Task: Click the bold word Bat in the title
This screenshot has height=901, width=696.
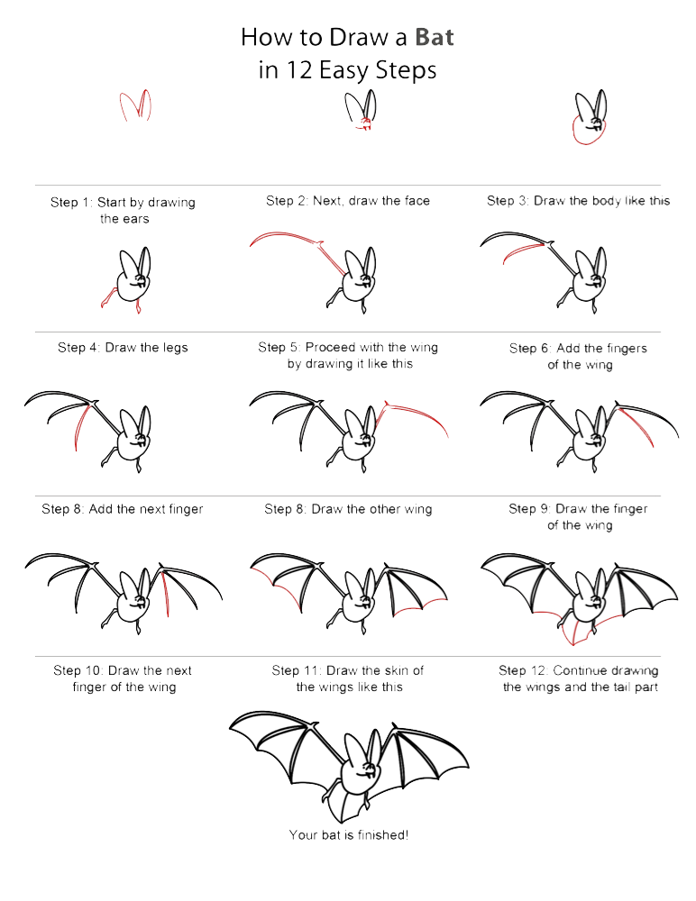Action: [434, 38]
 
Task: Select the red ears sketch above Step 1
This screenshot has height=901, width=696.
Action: [134, 106]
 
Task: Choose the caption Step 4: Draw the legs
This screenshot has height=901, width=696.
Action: [123, 347]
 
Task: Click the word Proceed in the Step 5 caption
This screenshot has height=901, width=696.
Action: [329, 347]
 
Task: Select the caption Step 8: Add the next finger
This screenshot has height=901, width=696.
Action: [123, 509]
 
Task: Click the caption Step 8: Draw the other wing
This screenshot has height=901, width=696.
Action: [348, 509]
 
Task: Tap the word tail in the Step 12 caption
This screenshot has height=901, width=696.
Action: [621, 687]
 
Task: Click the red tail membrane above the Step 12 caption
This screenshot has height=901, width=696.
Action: [571, 631]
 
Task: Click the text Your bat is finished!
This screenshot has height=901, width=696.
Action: [348, 835]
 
